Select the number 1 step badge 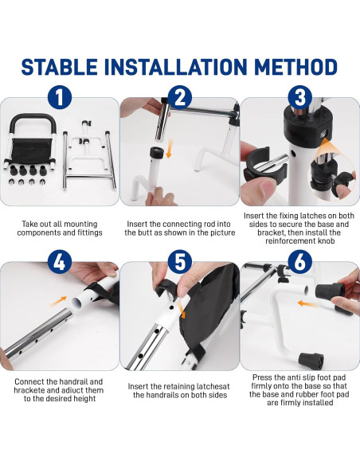pyautogui.click(x=60, y=98)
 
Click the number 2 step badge pyautogui.click(x=180, y=98)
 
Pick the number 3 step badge pyautogui.click(x=300, y=98)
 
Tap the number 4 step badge pyautogui.click(x=60, y=262)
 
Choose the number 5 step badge pyautogui.click(x=180, y=262)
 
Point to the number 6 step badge pyautogui.click(x=300, y=262)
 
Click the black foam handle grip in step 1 pyautogui.click(x=33, y=116)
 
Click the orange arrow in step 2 pyautogui.click(x=170, y=149)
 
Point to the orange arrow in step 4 pyautogui.click(x=58, y=301)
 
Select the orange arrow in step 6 pyautogui.click(x=307, y=303)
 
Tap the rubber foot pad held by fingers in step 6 pyautogui.click(x=330, y=291)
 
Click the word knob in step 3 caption pyautogui.click(x=326, y=240)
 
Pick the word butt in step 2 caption pyautogui.click(x=144, y=232)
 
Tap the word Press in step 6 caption pyautogui.click(x=263, y=377)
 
